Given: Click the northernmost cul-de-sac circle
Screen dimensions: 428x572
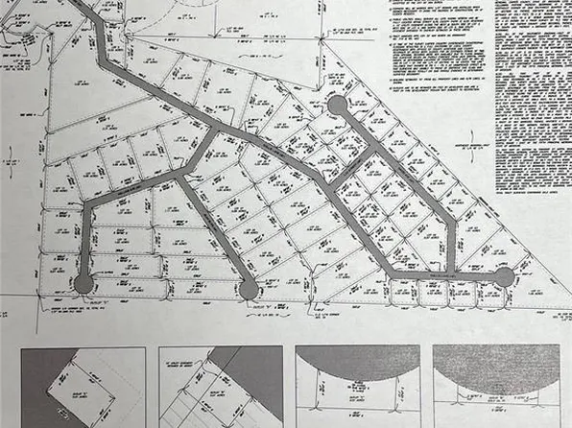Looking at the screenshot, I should pos(337,105).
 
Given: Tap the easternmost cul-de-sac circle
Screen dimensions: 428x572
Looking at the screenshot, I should pos(505,277).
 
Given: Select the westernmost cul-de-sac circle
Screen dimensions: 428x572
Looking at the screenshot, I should pos(83,283).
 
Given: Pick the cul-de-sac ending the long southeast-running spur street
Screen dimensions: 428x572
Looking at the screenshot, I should pos(249,288).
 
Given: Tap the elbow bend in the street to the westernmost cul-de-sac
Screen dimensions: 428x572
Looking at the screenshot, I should pos(89,205).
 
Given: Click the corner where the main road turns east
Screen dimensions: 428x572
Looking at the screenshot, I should pos(392,276).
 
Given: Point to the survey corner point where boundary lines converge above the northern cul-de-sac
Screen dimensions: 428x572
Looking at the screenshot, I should pos(321,71).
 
